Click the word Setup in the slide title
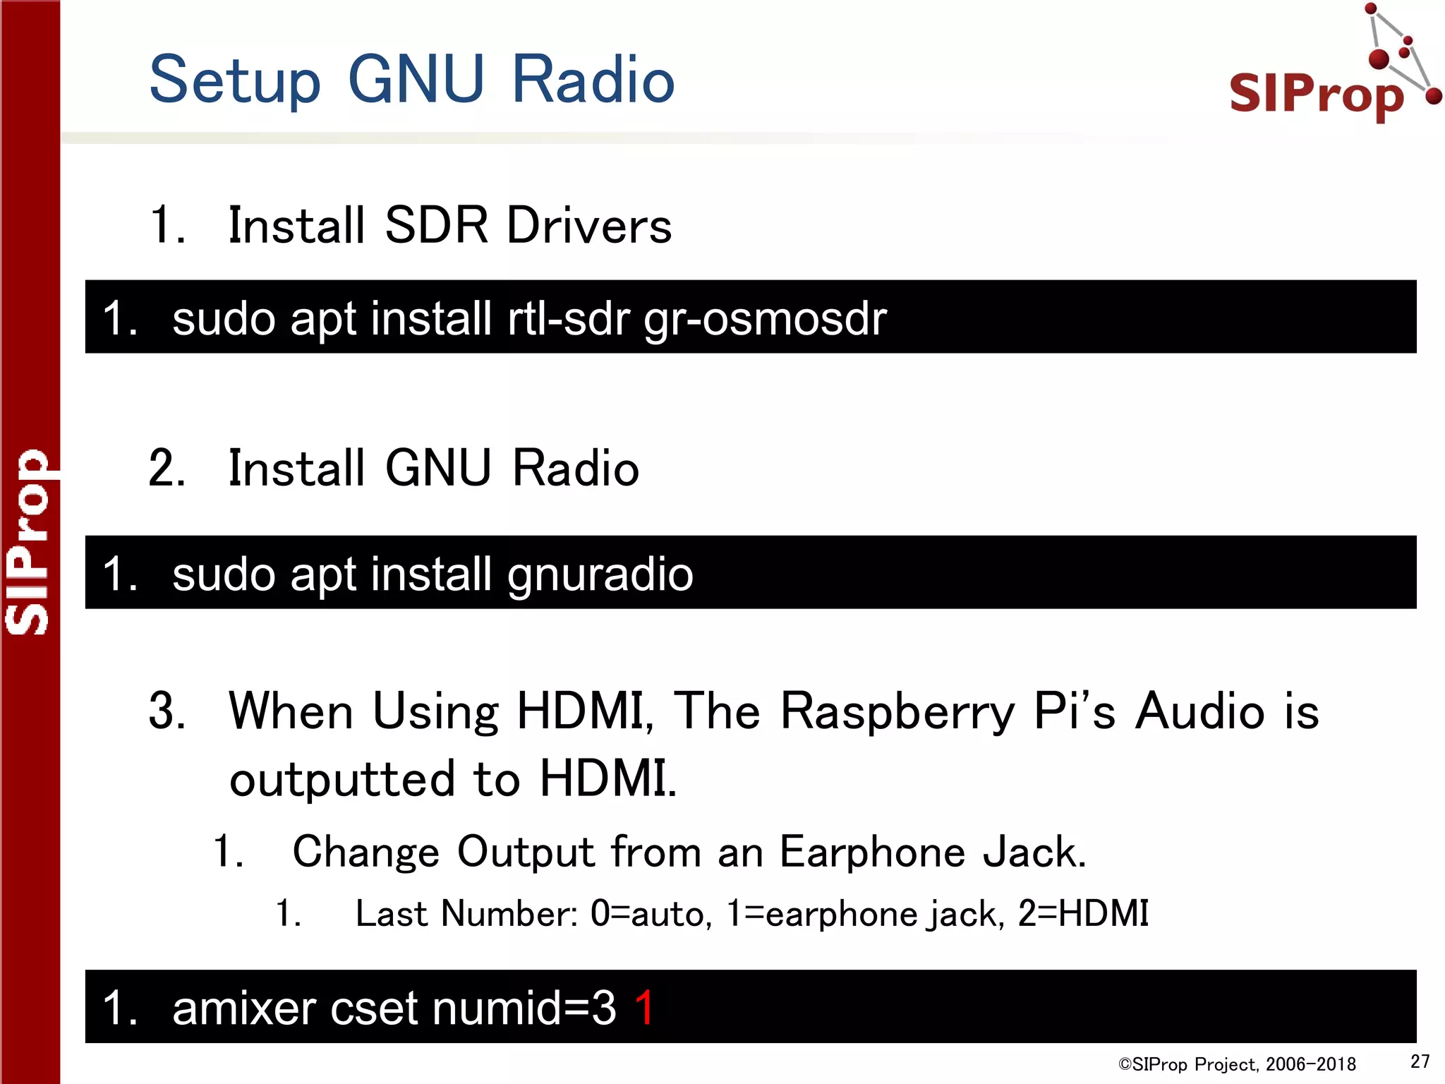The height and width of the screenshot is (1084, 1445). click(235, 81)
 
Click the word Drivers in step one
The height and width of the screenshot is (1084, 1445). click(589, 226)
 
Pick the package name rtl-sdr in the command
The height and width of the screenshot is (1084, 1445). click(568, 318)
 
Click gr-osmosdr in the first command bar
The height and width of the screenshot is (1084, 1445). click(765, 320)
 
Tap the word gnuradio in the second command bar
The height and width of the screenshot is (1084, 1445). click(600, 574)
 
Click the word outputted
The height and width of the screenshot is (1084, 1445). click(342, 779)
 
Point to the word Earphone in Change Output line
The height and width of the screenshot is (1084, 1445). click(872, 852)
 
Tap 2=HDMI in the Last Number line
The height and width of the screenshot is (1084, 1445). click(1083, 913)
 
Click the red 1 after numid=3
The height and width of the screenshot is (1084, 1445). click(644, 1007)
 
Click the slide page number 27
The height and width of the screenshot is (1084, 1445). click(1420, 1061)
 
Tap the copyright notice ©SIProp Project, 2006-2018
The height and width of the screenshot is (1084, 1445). click(1237, 1064)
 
